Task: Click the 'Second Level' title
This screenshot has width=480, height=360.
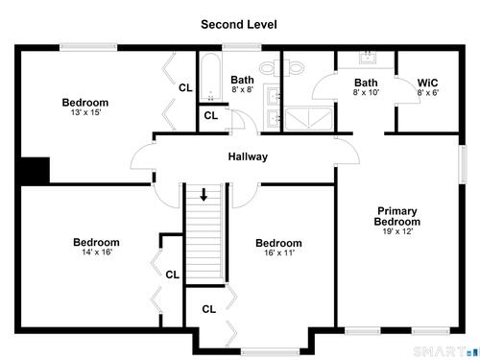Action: (x=239, y=24)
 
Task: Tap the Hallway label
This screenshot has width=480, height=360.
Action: (x=248, y=156)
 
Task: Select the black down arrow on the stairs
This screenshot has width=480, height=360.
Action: (x=204, y=195)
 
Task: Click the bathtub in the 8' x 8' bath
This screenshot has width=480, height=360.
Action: (x=210, y=77)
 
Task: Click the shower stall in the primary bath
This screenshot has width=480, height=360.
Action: (x=308, y=119)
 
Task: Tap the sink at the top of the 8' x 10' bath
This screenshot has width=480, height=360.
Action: (x=368, y=59)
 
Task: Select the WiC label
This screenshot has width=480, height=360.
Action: (x=427, y=83)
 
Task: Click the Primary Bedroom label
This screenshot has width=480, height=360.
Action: (x=397, y=216)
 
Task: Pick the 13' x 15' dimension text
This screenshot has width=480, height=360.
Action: (x=85, y=112)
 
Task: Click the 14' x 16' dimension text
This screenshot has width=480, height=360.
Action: (x=97, y=252)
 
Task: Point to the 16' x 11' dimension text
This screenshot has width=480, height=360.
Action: (x=279, y=252)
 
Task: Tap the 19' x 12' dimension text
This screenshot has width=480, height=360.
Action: (x=397, y=231)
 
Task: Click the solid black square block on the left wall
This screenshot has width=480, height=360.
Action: (x=36, y=171)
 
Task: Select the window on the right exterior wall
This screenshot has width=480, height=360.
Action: (x=463, y=164)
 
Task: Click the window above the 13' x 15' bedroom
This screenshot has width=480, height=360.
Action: (x=88, y=47)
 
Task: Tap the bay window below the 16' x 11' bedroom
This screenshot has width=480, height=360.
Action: (x=270, y=352)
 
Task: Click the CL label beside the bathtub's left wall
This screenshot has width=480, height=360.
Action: (x=185, y=87)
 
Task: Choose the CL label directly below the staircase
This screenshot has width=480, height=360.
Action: (x=209, y=309)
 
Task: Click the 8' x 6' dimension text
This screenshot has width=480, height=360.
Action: (x=428, y=92)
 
